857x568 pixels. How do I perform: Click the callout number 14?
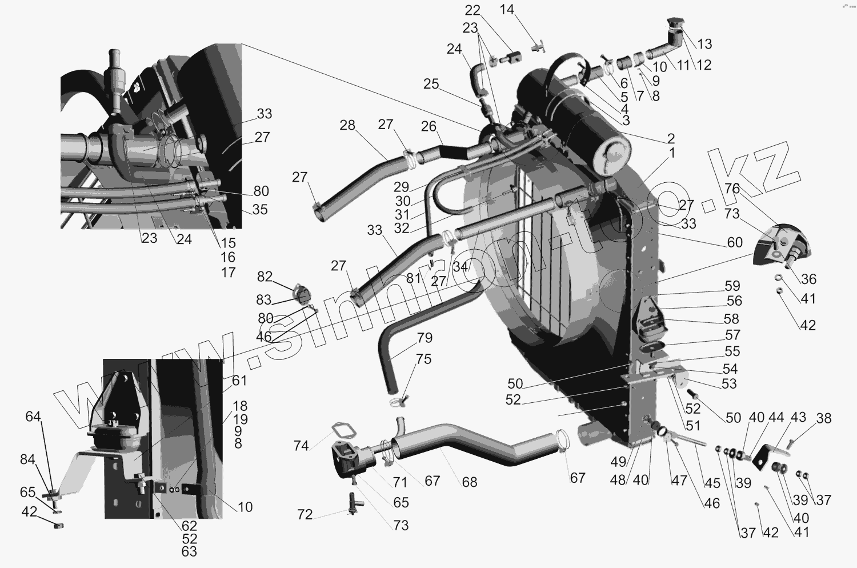507,10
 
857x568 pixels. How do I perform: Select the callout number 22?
472,10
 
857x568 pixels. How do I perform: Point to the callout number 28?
347,125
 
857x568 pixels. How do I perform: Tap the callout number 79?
425,337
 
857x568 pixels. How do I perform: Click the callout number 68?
470,482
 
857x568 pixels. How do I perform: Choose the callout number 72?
305,515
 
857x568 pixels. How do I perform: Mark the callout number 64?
34,417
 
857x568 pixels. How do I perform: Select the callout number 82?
265,277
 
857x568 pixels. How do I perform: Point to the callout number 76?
732,189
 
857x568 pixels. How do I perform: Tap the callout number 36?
808,279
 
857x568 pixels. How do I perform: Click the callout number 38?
824,418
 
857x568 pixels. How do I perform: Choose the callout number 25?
431,84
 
